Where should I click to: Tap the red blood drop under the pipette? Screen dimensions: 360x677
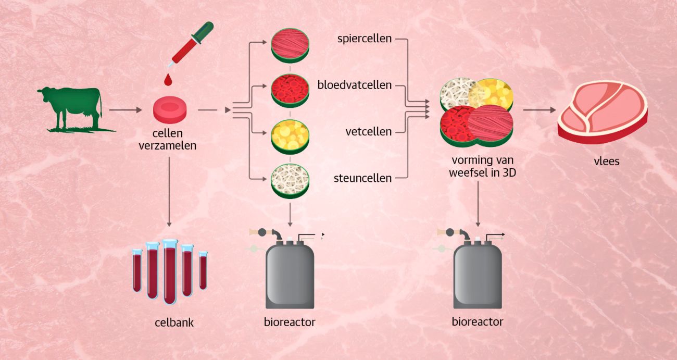pos(168,80)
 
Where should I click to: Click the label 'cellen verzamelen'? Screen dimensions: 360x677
pos(168,140)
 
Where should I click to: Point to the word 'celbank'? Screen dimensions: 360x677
pos(174,322)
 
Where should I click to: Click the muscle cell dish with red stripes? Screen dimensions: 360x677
pos(290,45)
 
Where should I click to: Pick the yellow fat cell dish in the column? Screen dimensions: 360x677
pos(290,135)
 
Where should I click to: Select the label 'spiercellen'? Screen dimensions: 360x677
pos(365,39)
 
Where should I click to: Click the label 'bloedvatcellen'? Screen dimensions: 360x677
pos(355,85)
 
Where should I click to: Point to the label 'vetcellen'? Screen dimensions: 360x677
pos(369,132)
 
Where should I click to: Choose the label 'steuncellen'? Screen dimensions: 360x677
pos(362,178)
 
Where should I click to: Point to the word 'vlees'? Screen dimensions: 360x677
pos(607,161)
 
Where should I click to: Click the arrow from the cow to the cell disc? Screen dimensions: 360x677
pos(126,110)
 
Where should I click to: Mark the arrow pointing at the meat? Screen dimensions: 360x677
pos(538,110)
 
